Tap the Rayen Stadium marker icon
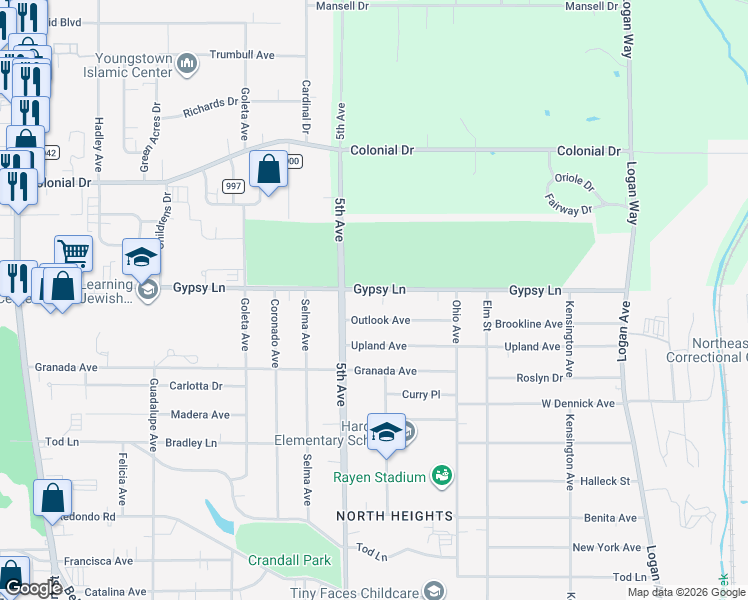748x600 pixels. coord(442,476)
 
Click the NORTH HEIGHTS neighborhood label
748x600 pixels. coord(394,516)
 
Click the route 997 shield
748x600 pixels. coord(233,187)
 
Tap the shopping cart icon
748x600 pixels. coord(73,253)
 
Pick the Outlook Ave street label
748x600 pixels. coord(380,321)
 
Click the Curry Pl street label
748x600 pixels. coord(421,395)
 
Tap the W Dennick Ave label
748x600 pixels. coord(577,404)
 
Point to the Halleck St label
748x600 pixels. coord(609,481)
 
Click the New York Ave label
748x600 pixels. coord(606,548)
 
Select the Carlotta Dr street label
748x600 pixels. coord(195,386)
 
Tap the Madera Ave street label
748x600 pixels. coord(200,415)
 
